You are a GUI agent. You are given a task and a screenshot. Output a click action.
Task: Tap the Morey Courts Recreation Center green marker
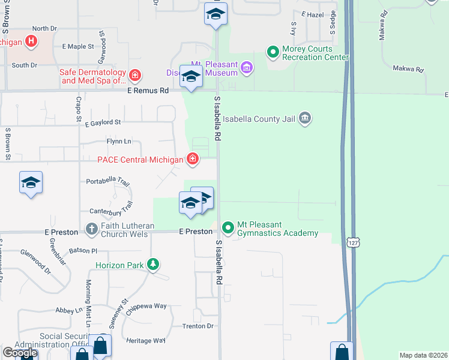[273, 52]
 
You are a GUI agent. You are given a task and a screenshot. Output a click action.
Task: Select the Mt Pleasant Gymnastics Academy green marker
[228, 227]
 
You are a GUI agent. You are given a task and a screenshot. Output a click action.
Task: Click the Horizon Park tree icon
[154, 264]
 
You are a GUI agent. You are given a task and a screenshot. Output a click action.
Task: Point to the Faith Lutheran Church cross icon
[91, 229]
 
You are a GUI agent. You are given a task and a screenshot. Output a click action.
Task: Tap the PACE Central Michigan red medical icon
[193, 160]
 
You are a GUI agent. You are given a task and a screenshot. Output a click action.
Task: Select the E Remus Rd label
[148, 91]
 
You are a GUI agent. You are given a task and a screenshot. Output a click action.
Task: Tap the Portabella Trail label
[108, 181]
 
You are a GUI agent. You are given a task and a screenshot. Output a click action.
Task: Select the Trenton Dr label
[198, 326]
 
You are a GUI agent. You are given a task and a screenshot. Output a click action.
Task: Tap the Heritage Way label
[146, 340]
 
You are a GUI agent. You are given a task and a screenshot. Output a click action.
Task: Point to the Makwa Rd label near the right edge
[408, 69]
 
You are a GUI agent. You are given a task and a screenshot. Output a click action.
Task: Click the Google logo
[20, 353]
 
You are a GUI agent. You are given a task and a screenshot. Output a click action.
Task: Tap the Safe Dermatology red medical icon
[136, 76]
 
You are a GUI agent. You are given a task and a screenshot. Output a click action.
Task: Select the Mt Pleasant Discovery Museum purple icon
[246, 68]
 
